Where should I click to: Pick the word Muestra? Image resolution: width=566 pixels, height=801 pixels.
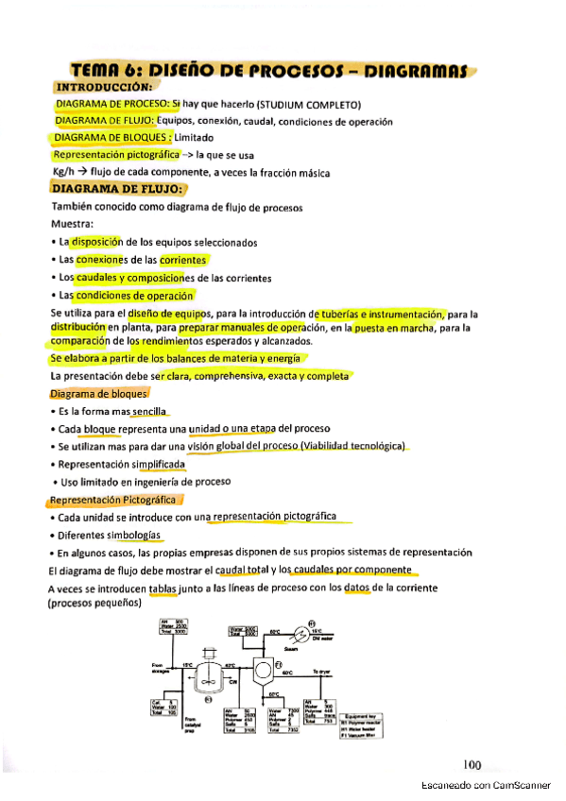[72, 225]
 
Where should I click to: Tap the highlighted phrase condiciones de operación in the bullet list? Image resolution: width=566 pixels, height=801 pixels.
[150, 296]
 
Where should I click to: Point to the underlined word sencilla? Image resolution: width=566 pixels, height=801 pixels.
[149, 412]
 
